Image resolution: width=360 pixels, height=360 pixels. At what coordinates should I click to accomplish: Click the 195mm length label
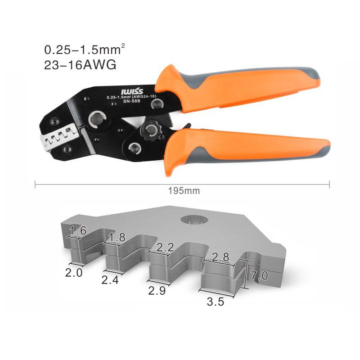pyautogui.click(x=183, y=191)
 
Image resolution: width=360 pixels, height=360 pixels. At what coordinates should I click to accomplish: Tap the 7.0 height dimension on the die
pyautogui.click(x=259, y=275)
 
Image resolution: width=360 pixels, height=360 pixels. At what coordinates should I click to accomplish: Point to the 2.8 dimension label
pyautogui.click(x=220, y=257)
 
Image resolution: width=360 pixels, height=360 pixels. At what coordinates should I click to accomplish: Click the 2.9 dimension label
pyautogui.click(x=157, y=291)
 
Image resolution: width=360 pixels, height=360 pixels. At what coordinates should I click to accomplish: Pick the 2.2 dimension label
pyautogui.click(x=165, y=247)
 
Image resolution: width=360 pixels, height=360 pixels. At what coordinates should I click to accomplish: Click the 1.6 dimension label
pyautogui.click(x=78, y=231)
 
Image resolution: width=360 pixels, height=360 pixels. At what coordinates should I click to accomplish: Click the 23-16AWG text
pyautogui.click(x=80, y=65)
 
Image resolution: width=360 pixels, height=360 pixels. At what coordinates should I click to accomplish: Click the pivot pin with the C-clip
pyautogui.click(x=97, y=119)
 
